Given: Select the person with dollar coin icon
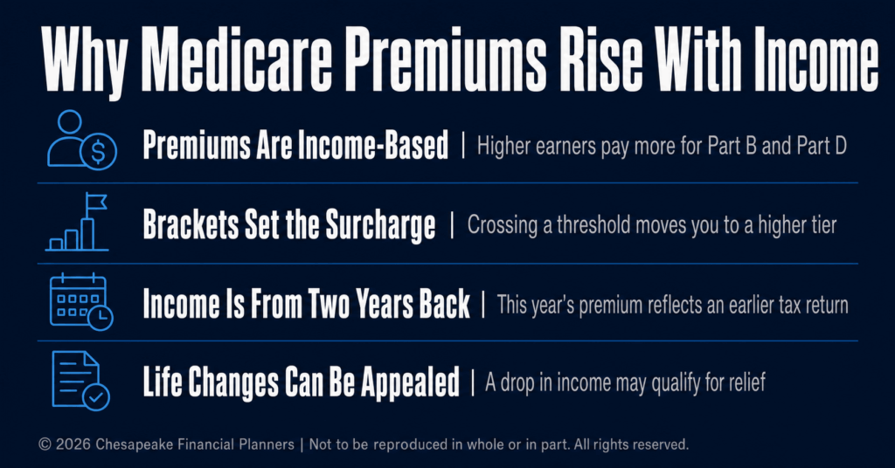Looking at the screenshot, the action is pyautogui.click(x=81, y=140).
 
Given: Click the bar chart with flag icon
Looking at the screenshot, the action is pyautogui.click(x=77, y=222).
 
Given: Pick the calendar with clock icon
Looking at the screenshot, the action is pyautogui.click(x=81, y=301).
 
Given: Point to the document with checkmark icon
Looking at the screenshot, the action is pyautogui.click(x=80, y=380).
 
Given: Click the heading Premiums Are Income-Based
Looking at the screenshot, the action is pyautogui.click(x=295, y=145).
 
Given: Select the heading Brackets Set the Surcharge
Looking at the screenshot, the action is pyautogui.click(x=288, y=224).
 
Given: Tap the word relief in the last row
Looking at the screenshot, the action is pyautogui.click(x=746, y=382).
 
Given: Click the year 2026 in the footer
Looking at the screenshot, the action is pyautogui.click(x=73, y=444).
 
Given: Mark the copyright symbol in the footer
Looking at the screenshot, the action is pyautogui.click(x=45, y=444).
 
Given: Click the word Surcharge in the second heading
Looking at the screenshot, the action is pyautogui.click(x=380, y=225).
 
